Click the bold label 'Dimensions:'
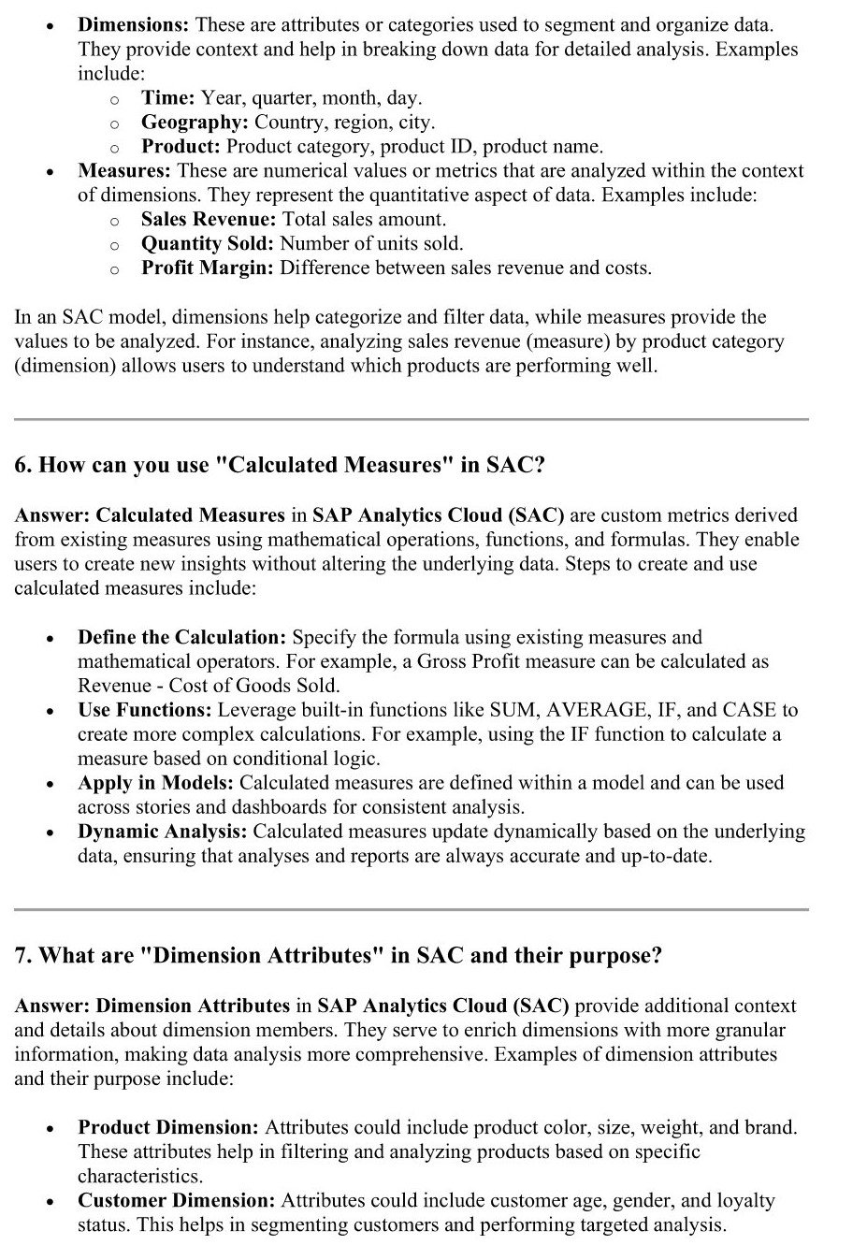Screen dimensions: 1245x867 [134, 24]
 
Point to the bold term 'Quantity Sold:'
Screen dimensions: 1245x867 [208, 244]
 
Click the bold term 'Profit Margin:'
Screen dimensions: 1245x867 [208, 268]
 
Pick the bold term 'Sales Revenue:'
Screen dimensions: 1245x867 [209, 220]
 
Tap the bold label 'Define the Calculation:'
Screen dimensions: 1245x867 [182, 638]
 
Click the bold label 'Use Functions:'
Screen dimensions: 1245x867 [145, 710]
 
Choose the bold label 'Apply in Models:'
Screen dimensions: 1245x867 [155, 783]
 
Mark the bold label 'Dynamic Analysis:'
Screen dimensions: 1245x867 [163, 832]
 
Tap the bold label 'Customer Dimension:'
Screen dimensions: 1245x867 [177, 1201]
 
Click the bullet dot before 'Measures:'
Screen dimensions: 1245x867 [49, 172]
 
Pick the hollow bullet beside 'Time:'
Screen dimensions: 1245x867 [113, 99]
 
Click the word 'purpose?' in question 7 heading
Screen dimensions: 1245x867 [617, 956]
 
